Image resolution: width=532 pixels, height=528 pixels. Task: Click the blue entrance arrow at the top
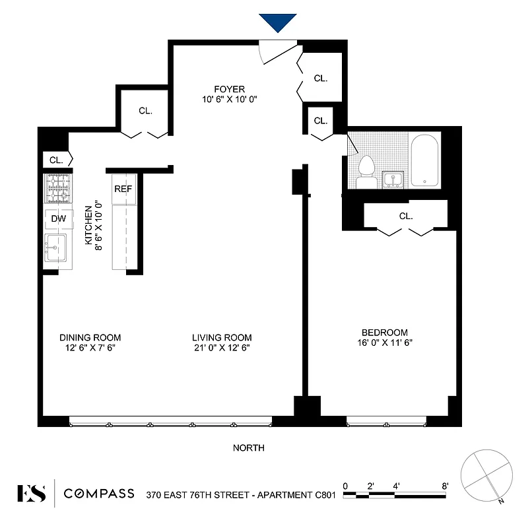(277, 22)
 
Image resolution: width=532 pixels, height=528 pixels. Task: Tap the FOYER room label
(229, 89)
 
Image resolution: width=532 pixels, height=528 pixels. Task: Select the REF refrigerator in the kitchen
(123, 189)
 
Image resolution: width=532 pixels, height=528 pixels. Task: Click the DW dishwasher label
(57, 218)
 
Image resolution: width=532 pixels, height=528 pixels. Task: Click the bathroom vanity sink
(394, 180)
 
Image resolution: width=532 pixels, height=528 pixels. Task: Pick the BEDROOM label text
(384, 333)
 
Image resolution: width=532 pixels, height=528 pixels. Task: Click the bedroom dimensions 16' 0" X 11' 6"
(384, 343)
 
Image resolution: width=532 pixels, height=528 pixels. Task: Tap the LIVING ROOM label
(222, 337)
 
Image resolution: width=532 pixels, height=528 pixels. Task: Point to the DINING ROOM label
(90, 337)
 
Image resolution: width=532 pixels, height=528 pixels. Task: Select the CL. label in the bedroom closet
(405, 216)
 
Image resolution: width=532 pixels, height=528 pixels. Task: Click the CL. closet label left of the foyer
(146, 111)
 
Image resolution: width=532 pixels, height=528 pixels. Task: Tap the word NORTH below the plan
(249, 448)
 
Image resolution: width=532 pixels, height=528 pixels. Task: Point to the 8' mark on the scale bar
(446, 486)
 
